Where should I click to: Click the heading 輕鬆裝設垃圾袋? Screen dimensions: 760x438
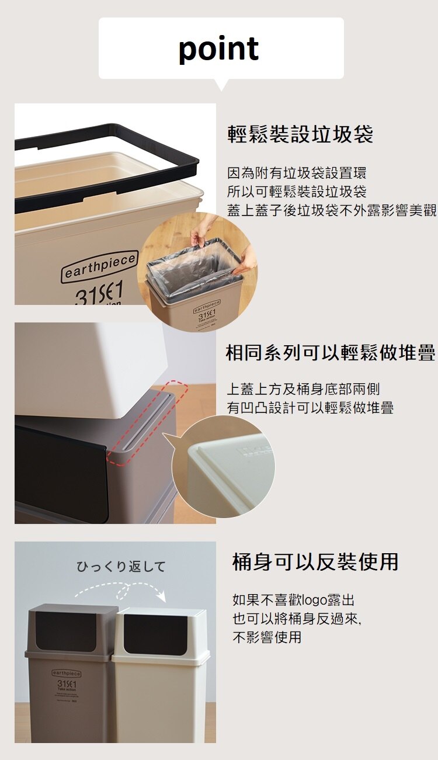click(x=300, y=135)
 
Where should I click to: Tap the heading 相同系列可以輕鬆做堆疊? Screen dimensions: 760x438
click(x=330, y=353)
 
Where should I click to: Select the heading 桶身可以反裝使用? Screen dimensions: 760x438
click(x=315, y=562)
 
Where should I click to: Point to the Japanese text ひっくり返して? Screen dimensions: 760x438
click(x=121, y=567)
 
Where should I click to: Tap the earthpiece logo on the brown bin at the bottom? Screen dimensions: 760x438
click(x=67, y=673)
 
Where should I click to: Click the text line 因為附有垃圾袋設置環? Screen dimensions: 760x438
click(x=297, y=173)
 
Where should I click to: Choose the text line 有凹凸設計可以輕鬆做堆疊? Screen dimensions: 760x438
click(x=310, y=408)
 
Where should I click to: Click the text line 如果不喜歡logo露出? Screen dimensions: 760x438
click(x=293, y=600)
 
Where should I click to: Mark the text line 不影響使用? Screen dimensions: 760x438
click(x=267, y=637)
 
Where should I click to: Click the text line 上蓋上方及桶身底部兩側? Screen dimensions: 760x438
click(x=303, y=389)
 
